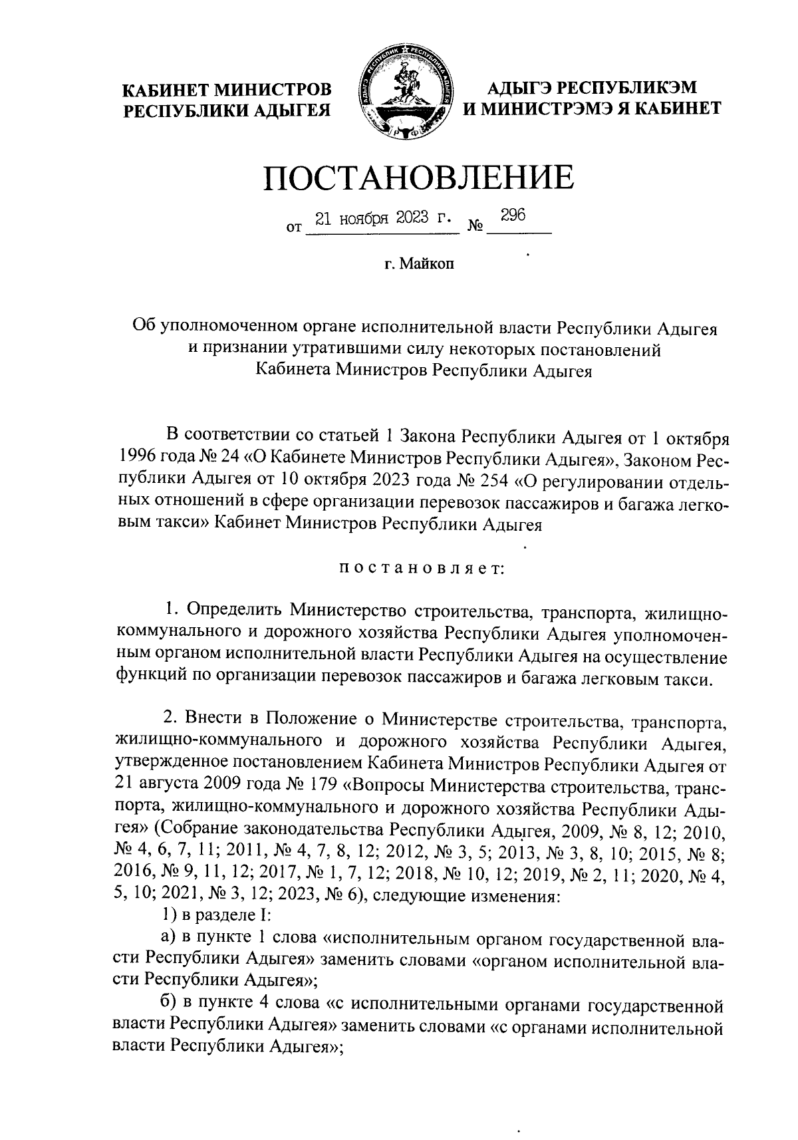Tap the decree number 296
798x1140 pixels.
pyautogui.click(x=513, y=215)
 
